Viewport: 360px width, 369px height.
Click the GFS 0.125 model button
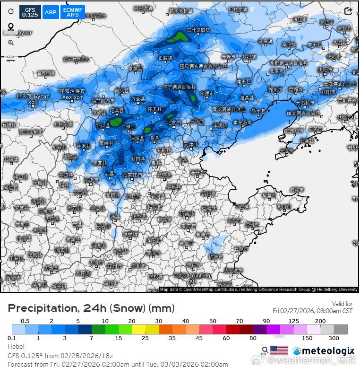pyautogui.click(x=30, y=12)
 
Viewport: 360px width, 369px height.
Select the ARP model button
pyautogui.click(x=51, y=12)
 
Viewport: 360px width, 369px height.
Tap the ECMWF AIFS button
pyautogui.click(x=72, y=12)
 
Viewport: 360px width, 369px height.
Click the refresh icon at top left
pyautogui.click(x=10, y=11)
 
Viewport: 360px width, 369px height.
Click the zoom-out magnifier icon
pyautogui.click(x=10, y=43)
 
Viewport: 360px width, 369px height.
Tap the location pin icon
pyautogui.click(x=10, y=27)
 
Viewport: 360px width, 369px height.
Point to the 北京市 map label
pyautogui.click(x=173, y=123)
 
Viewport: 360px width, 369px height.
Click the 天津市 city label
pyautogui.click(x=191, y=144)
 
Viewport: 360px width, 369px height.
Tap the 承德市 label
pyautogui.click(x=206, y=93)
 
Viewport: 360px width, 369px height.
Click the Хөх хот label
pyautogui.click(x=72, y=97)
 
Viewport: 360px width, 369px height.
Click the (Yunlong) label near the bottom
pyautogui.click(x=200, y=275)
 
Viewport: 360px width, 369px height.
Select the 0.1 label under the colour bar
pyautogui.click(x=12, y=338)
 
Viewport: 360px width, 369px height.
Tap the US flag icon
pyautogui.click(x=279, y=351)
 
